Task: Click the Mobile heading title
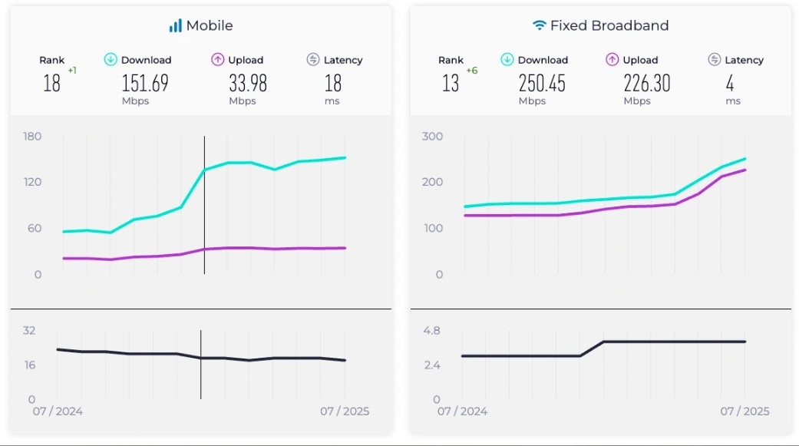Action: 209,25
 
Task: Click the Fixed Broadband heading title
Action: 609,25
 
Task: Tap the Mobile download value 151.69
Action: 145,82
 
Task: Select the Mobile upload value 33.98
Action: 248,82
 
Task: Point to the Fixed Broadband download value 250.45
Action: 542,82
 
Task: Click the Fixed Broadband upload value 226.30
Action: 647,82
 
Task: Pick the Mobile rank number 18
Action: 51,82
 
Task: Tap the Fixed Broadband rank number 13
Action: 451,82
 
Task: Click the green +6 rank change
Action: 472,71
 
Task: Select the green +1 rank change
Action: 72,71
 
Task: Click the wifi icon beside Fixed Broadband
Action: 540,25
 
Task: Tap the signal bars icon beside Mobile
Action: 176,26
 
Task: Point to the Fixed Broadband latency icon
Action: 715,60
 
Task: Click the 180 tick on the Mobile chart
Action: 33,137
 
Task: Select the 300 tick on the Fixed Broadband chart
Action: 433,137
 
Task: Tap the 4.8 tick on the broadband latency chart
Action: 431,331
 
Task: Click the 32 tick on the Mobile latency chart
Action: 29,331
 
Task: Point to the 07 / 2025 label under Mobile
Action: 345,411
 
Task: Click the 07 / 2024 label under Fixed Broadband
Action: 462,411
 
